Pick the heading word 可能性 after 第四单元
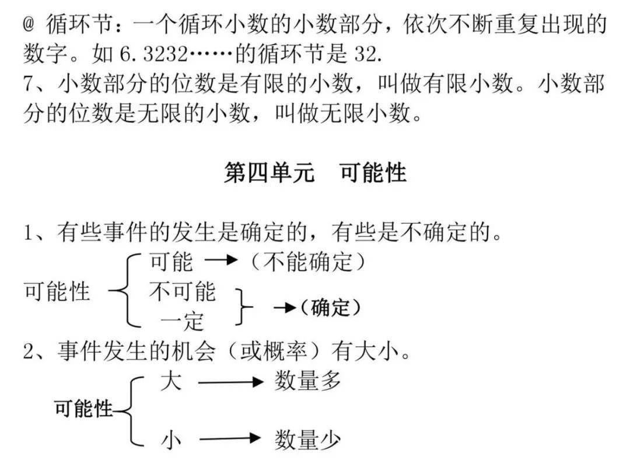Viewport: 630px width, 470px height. click(x=373, y=173)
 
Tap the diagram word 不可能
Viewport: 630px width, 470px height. click(x=182, y=291)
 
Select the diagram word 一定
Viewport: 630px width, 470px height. click(x=182, y=321)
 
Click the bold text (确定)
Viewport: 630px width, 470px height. click(x=330, y=307)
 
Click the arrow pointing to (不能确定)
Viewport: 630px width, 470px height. click(x=222, y=262)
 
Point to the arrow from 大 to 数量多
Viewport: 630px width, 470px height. click(x=232, y=383)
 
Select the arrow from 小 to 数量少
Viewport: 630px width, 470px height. click(x=232, y=439)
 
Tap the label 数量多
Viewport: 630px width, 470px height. click(x=307, y=382)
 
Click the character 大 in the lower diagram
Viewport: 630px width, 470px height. click(x=171, y=382)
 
